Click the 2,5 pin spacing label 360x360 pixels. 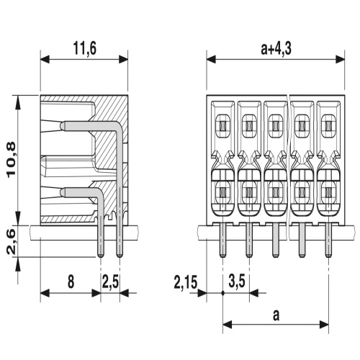point(110,282)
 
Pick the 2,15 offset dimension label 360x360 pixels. point(185,282)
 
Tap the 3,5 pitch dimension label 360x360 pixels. point(235,282)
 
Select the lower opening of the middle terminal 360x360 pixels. point(275,191)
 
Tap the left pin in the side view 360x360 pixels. point(100,238)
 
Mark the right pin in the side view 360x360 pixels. point(118,238)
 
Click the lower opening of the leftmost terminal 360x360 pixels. point(222,191)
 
